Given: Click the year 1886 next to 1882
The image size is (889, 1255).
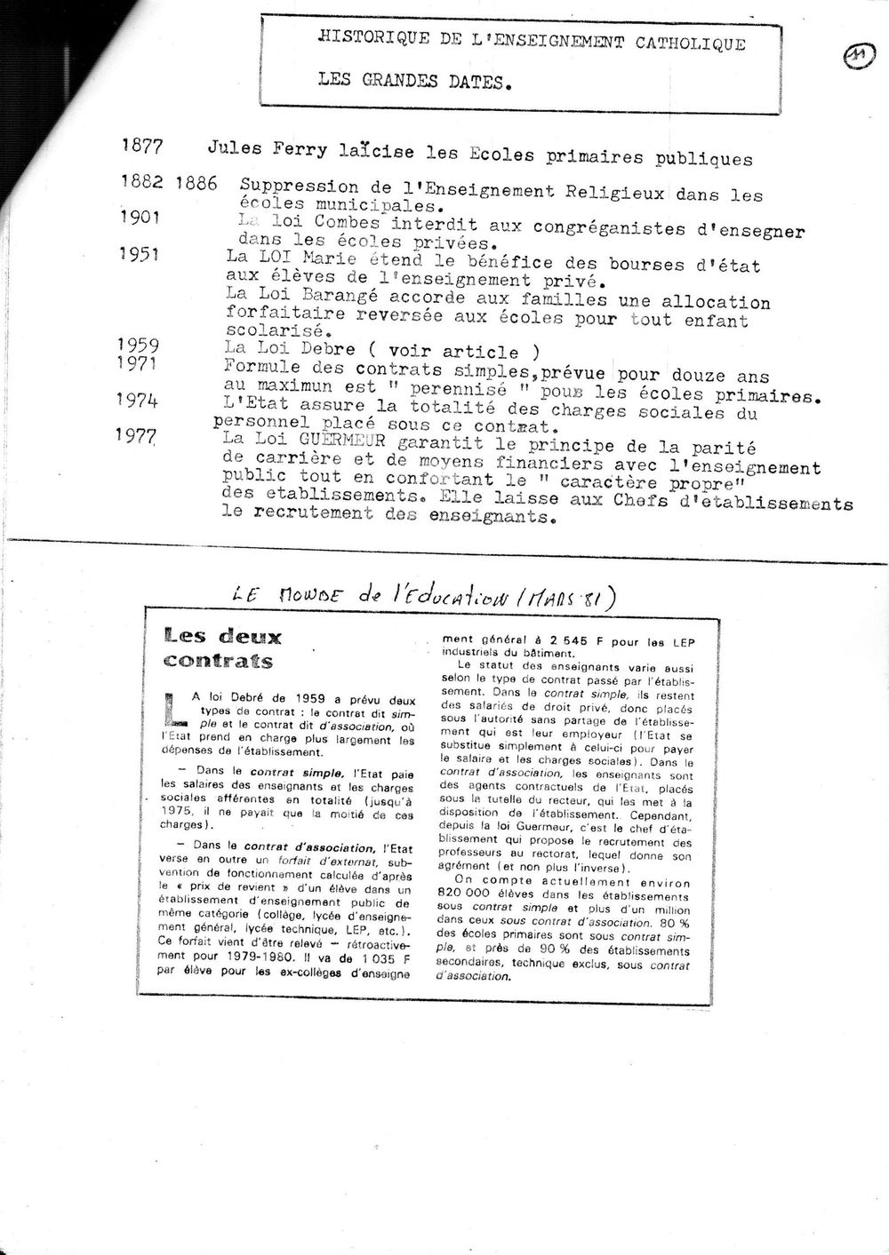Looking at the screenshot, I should [x=197, y=184].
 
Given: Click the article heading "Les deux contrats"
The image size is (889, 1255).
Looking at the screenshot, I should [x=221, y=647].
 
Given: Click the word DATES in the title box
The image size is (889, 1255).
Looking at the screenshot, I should [x=474, y=84].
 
